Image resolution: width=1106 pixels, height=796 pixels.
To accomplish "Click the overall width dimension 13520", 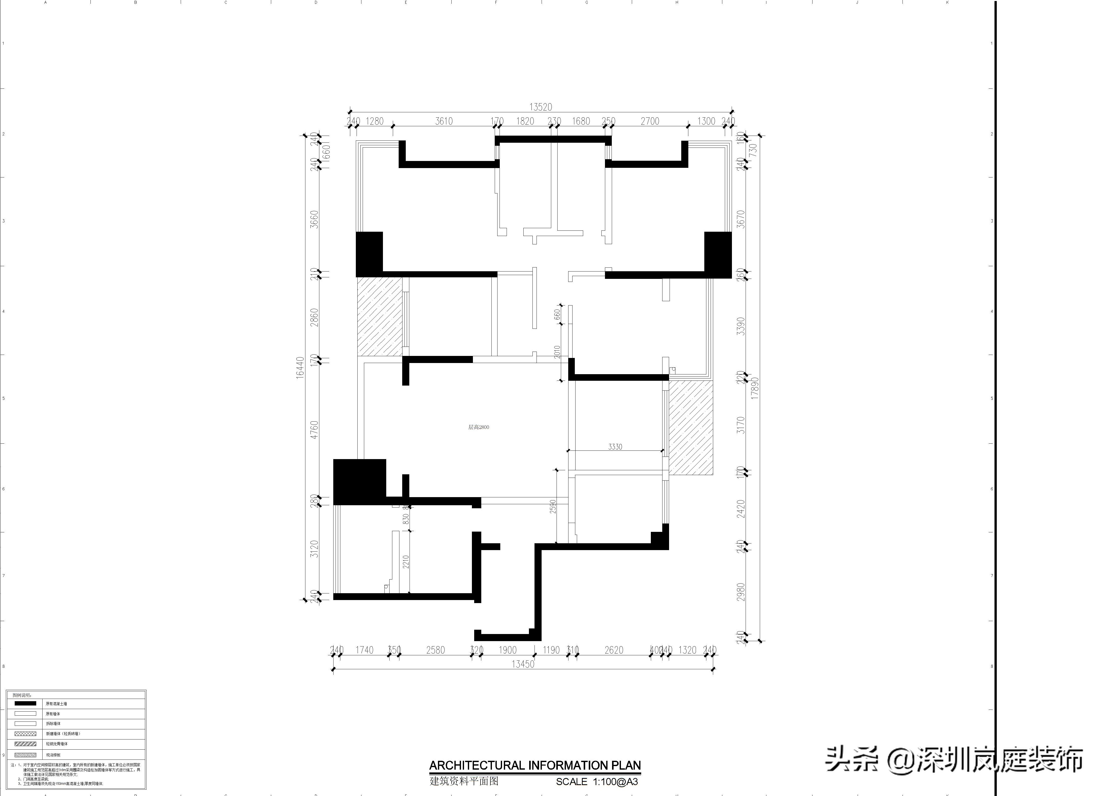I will point(540,107).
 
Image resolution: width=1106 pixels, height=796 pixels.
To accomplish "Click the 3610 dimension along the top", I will point(444,121).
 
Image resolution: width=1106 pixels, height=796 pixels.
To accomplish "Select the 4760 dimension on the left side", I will point(315,430).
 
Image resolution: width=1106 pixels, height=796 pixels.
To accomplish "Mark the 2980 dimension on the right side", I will point(741,592).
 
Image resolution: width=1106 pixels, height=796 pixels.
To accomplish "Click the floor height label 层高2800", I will point(478,427).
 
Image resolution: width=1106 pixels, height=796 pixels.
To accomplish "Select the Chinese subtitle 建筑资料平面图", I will point(464,781).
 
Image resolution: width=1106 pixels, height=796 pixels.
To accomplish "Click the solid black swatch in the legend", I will point(25,703).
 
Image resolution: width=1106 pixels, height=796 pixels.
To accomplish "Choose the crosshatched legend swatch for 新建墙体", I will point(25,734).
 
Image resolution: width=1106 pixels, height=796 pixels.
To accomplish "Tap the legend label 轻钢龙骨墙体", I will point(57,744).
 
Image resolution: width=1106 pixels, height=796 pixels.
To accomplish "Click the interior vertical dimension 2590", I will point(552,506).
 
